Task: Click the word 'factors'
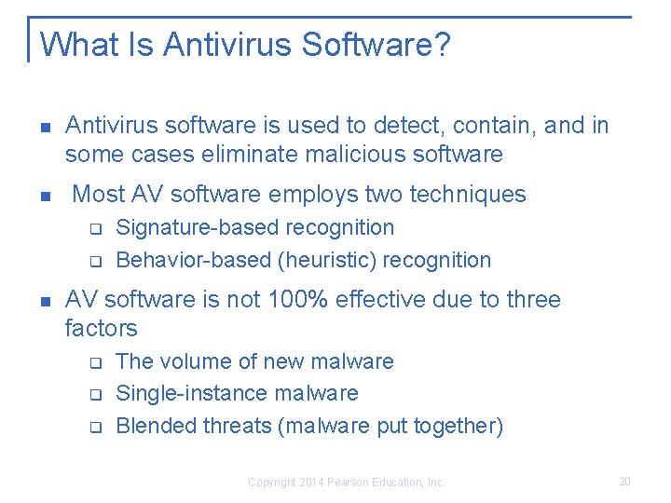coord(101,328)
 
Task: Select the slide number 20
coord(624,481)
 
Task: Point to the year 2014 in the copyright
coord(310,483)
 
